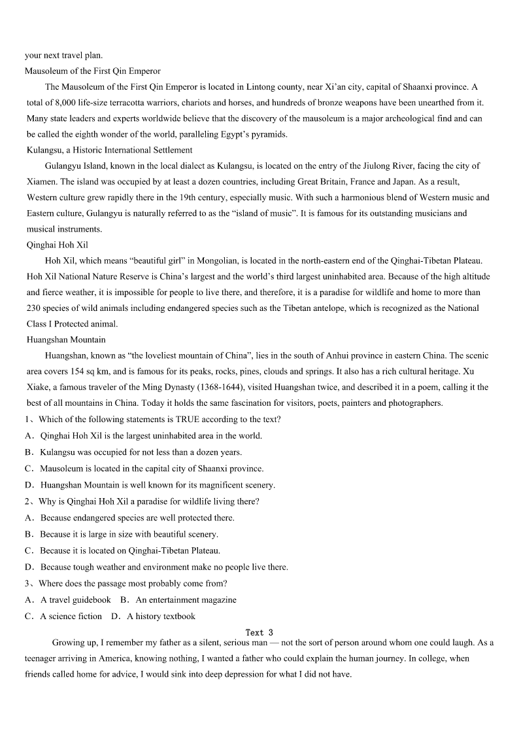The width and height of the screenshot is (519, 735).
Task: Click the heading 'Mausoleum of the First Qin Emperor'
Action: click(93, 71)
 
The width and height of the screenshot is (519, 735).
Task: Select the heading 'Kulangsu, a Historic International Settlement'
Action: click(110, 150)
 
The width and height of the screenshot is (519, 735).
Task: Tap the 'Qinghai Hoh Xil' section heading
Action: click(58, 245)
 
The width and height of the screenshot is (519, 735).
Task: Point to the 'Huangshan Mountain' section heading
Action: click(66, 340)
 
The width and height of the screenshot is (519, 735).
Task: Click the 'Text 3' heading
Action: click(259, 632)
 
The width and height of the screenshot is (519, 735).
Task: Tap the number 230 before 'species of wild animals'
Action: click(34, 308)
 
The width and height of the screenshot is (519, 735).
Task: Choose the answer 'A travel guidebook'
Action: click(75, 600)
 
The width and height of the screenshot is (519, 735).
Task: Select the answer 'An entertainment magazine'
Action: click(186, 600)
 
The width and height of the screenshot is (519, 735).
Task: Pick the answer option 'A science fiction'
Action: click(71, 616)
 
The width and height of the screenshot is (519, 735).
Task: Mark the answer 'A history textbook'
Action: click(161, 616)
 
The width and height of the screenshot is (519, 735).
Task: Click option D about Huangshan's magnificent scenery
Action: click(157, 485)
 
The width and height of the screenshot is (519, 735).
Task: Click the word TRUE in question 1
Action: click(188, 420)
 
